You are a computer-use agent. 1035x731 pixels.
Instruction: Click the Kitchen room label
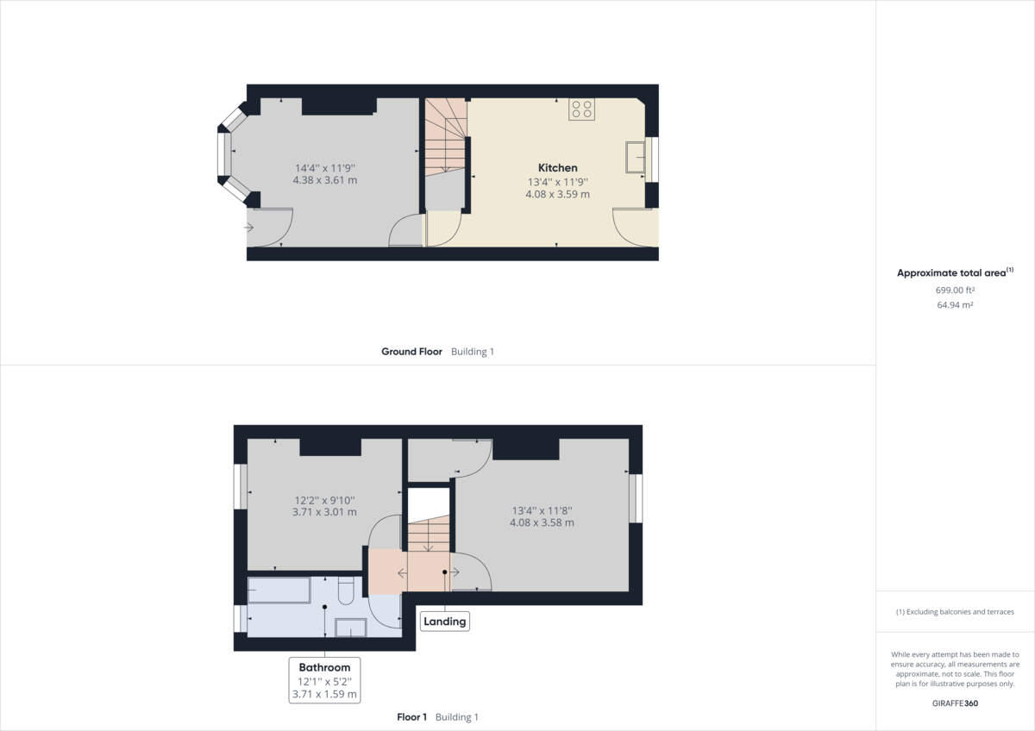557,167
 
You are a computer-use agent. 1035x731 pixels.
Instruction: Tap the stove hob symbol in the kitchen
581,109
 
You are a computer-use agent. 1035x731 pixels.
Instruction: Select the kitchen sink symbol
636,156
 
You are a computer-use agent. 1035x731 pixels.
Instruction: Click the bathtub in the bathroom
279,590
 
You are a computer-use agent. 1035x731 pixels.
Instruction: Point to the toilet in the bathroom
347,591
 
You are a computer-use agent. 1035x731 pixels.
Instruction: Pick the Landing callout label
445,621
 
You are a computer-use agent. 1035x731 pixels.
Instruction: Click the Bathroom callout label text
324,667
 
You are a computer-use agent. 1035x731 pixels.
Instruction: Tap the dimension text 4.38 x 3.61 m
325,181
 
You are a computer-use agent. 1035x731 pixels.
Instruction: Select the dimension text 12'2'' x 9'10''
324,499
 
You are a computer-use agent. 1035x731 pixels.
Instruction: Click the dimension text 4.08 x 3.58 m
542,522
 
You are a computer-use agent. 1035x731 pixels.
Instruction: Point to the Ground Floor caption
411,352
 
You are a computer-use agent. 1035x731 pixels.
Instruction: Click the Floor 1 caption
411,717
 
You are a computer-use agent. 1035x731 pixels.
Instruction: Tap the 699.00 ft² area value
955,291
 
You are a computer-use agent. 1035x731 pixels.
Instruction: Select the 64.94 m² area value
955,304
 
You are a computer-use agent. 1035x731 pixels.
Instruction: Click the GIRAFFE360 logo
955,703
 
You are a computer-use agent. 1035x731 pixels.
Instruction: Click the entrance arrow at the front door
248,228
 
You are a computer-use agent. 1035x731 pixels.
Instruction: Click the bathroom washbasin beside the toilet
350,627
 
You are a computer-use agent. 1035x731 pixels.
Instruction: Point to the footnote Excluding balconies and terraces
955,611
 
